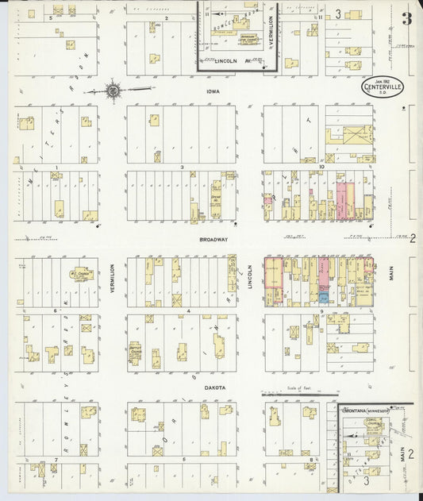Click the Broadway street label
point(214,238)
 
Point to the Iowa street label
point(213,92)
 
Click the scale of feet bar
point(306,391)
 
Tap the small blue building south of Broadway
point(324,297)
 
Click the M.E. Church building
point(80,275)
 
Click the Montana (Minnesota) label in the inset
point(364,410)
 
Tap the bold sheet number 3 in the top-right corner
point(406,19)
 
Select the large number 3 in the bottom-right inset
point(366,481)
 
